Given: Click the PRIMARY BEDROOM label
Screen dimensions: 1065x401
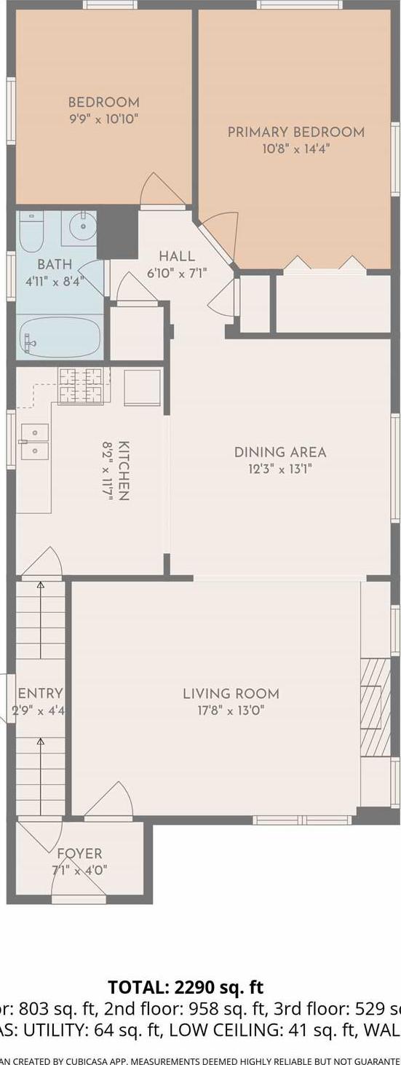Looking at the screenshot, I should click(295, 132).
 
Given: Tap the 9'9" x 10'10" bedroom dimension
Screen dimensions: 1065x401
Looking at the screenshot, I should click(103, 119).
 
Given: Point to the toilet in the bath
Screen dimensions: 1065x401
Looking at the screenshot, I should click(31, 232).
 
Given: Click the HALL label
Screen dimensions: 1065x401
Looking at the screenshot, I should click(177, 256).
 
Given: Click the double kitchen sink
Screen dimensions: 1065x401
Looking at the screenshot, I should click(34, 442).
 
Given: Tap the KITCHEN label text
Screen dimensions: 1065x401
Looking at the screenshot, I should click(124, 470).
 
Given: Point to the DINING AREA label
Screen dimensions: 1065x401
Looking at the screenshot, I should click(280, 452).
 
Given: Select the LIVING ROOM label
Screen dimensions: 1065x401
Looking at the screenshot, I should click(231, 694).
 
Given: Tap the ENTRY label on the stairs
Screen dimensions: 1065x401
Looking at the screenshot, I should click(40, 694).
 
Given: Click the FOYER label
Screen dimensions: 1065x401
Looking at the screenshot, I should click(79, 853).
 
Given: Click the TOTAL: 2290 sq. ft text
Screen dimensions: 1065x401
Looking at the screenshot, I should click(186, 987).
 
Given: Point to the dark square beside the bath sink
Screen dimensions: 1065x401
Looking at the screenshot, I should click(116, 231).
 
